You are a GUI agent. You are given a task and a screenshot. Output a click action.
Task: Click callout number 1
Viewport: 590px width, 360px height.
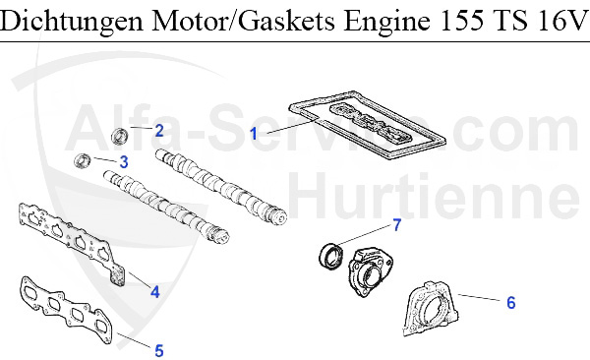tap(254, 132)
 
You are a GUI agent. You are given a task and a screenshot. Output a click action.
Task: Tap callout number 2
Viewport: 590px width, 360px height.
tap(158, 130)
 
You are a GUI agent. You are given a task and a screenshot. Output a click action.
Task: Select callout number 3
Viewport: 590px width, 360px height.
tap(123, 161)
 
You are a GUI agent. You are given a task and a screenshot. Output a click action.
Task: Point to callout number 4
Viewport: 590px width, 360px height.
tap(153, 290)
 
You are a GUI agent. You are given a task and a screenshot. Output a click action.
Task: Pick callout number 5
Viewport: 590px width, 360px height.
tap(158, 347)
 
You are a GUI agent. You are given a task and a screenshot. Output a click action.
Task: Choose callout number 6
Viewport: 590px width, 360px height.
tap(510, 302)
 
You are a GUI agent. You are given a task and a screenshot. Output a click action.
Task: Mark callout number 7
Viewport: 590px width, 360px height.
tap(396, 225)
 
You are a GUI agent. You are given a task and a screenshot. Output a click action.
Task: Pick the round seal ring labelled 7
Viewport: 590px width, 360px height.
tap(331, 256)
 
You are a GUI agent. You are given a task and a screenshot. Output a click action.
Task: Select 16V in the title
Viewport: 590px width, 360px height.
tap(559, 22)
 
